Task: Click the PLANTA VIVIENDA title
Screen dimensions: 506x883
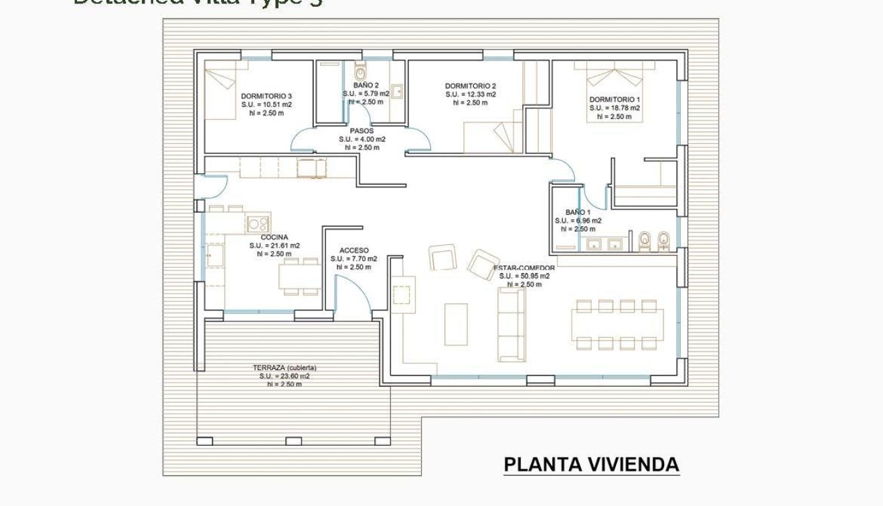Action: point(591,465)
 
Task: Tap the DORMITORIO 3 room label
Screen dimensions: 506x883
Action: point(266,96)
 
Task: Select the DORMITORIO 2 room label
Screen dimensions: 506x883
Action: point(471,86)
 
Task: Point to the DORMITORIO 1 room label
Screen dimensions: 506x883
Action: point(615,99)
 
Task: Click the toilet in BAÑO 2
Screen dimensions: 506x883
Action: point(360,71)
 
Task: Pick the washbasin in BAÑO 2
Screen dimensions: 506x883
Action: point(396,91)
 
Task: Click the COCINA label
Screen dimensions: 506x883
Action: point(274,237)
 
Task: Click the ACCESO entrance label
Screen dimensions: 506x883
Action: point(353,250)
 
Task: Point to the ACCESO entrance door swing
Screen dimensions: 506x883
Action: point(351,294)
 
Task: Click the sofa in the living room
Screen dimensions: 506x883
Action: point(511,325)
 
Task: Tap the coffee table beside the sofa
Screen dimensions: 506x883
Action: point(456,324)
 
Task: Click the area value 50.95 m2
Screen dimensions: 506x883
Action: point(524,276)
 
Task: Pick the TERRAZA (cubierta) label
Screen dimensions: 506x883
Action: point(285,367)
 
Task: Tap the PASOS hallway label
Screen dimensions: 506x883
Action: point(362,131)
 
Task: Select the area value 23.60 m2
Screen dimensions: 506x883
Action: point(285,376)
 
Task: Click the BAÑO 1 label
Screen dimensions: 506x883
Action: point(578,212)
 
